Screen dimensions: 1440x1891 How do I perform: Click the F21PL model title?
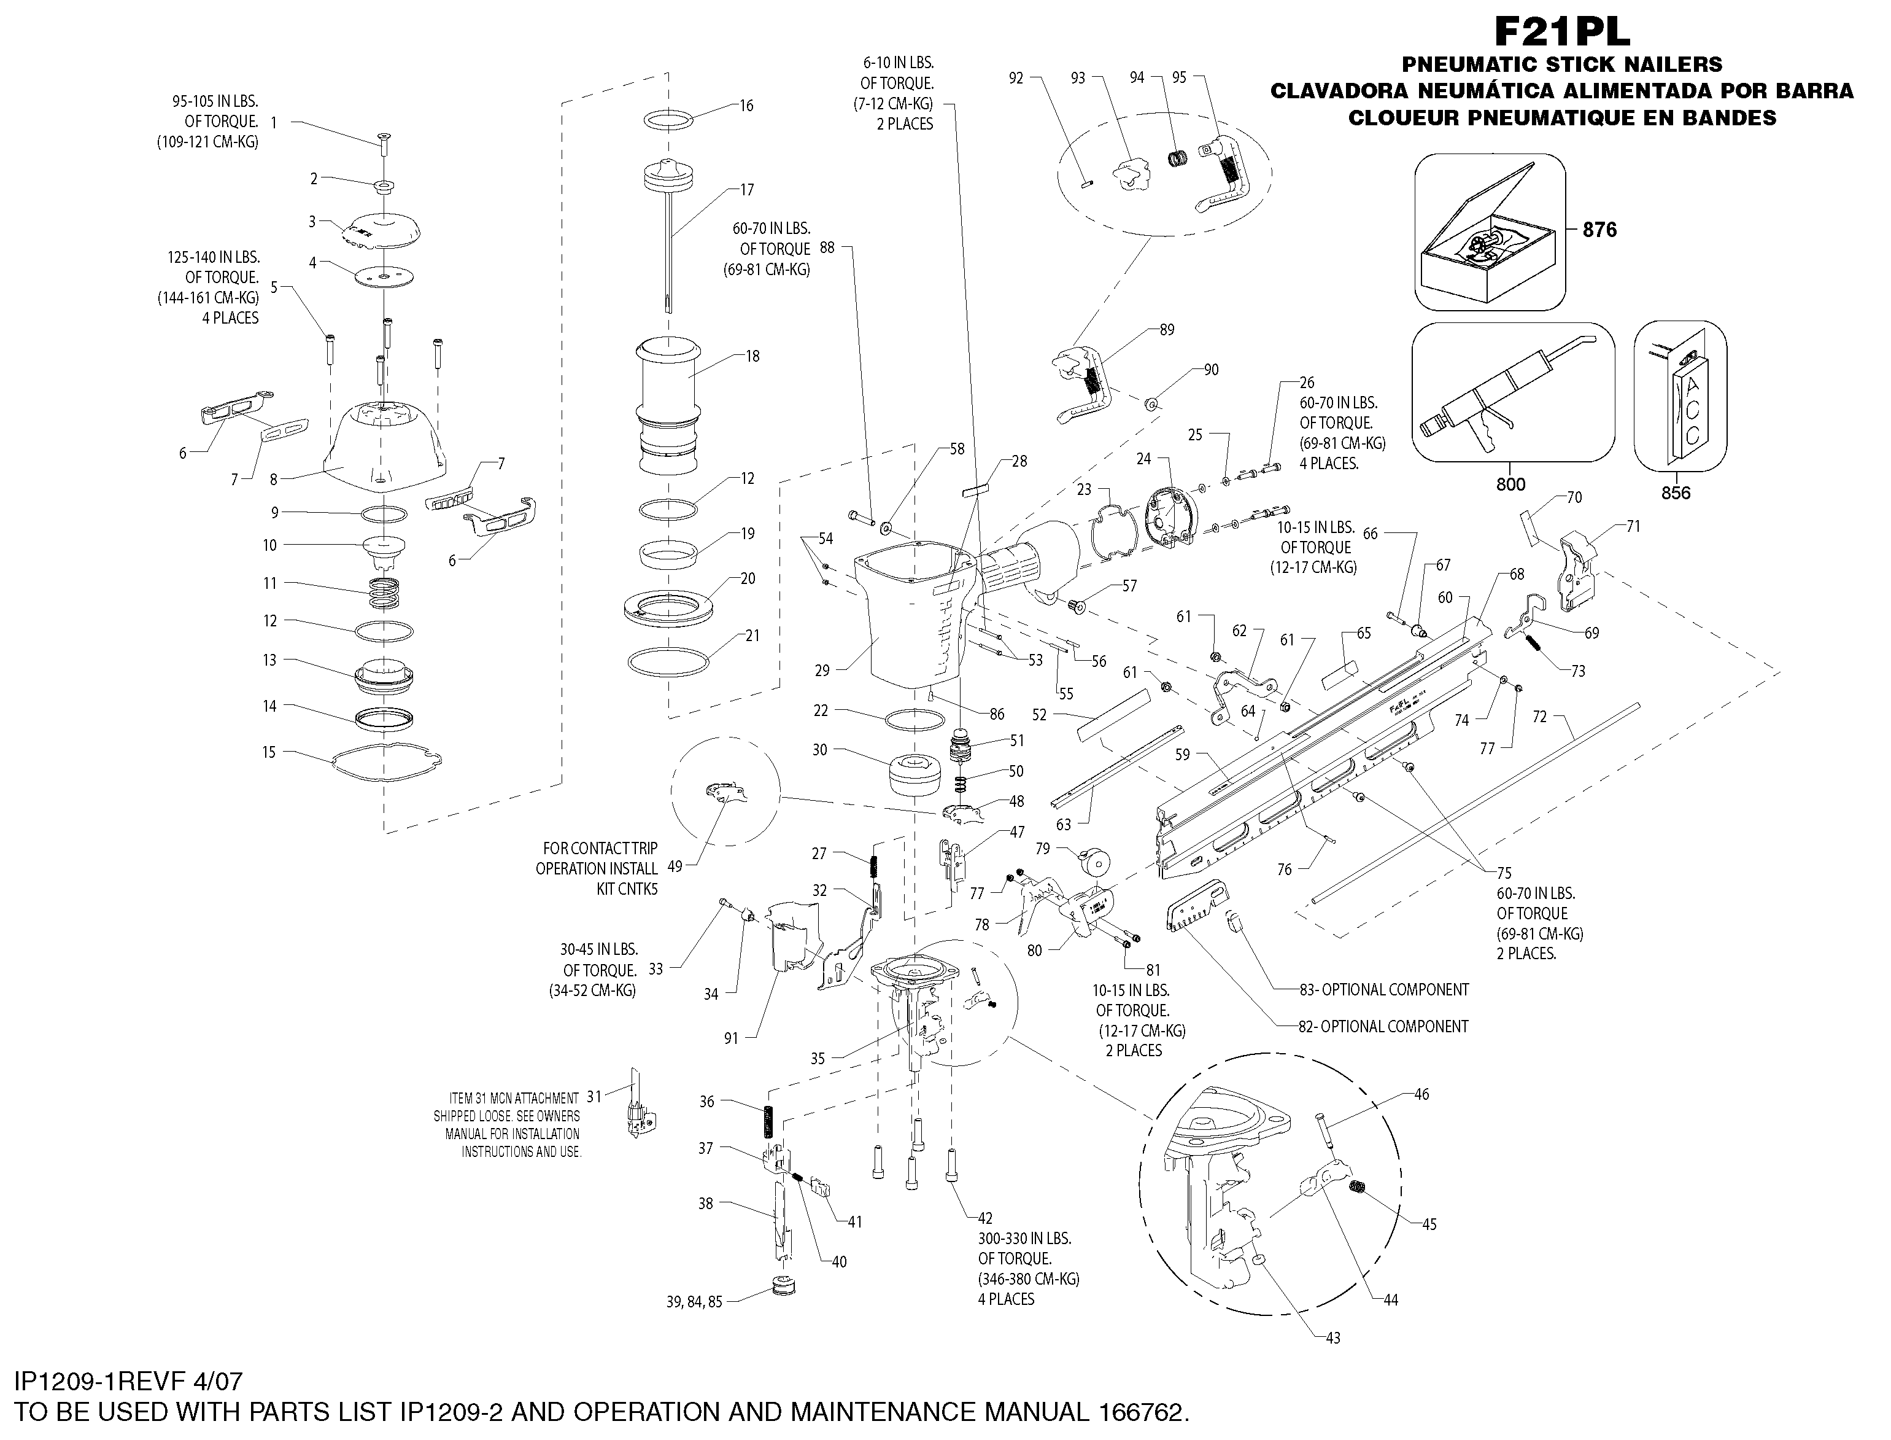pyautogui.click(x=1561, y=33)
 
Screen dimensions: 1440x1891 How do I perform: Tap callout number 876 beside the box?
pyautogui.click(x=1599, y=230)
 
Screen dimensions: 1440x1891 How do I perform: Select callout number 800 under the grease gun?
pyautogui.click(x=1510, y=485)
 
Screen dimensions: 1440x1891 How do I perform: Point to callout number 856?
pyautogui.click(x=1676, y=493)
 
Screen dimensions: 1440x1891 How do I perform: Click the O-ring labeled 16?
pyautogui.click(x=671, y=120)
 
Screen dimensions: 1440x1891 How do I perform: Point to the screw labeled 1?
pyautogui.click(x=383, y=144)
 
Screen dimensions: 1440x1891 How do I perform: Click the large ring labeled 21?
pyautogui.click(x=668, y=662)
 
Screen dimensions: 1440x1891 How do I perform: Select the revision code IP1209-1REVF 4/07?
pyautogui.click(x=128, y=1382)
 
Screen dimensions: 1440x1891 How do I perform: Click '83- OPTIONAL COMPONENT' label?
pyautogui.click(x=1384, y=989)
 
